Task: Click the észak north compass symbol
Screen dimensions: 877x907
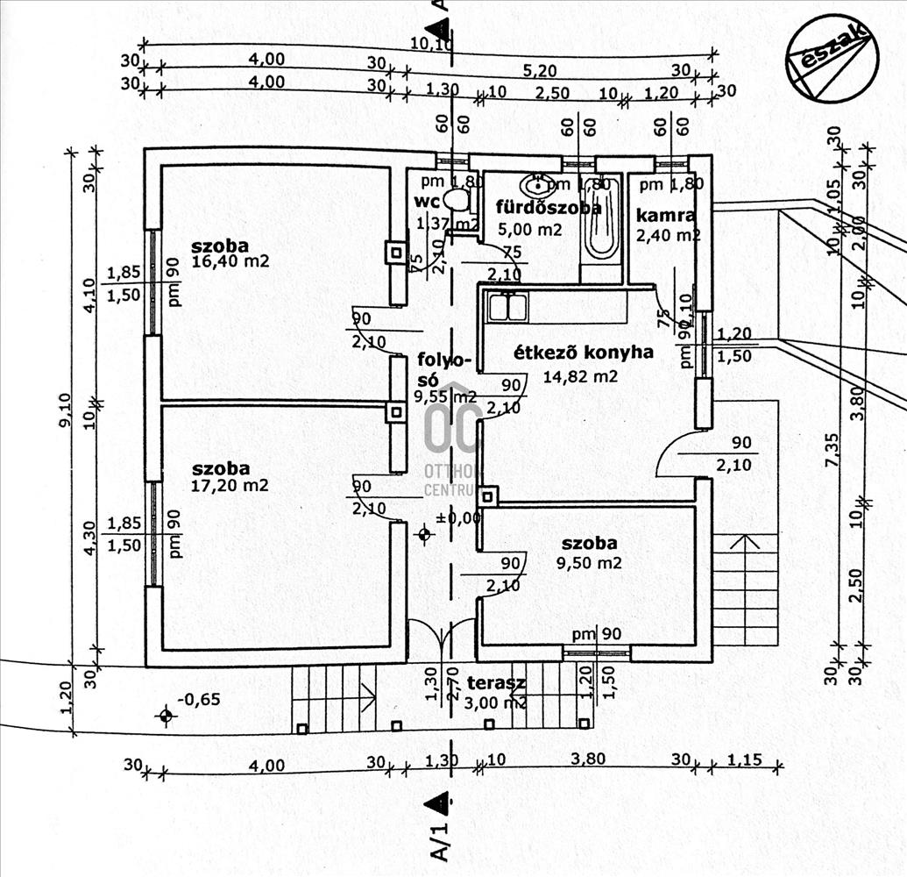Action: (832, 58)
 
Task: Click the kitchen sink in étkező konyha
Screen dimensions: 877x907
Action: (507, 307)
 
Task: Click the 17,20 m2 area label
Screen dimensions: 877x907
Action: (229, 484)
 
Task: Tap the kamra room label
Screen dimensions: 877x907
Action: (665, 216)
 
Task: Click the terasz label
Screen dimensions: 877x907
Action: (495, 683)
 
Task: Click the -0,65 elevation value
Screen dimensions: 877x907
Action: (198, 699)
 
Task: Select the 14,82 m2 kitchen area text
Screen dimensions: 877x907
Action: (580, 376)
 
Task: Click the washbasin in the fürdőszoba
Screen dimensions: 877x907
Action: (534, 185)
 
